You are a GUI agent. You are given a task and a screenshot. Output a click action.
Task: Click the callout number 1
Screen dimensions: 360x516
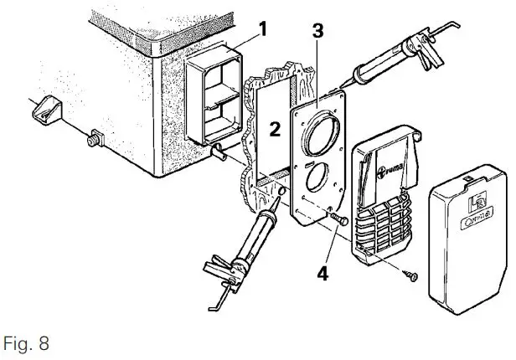262,29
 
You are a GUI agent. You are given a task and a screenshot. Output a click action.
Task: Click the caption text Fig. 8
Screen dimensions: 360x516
28,343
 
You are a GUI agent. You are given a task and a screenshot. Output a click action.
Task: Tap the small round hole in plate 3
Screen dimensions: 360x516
317,179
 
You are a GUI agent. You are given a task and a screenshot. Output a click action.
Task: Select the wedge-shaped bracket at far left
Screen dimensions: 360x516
46,107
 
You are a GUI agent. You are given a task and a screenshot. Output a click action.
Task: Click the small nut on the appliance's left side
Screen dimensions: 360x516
94,134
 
